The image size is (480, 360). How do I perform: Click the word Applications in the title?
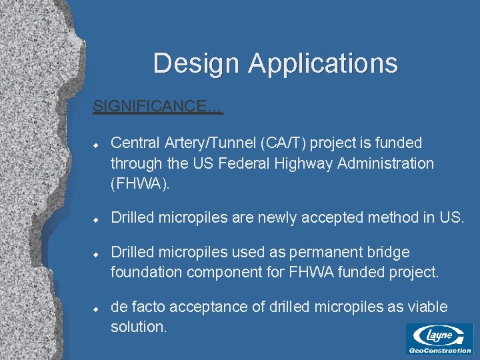(323, 63)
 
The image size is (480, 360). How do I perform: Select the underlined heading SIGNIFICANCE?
(158, 106)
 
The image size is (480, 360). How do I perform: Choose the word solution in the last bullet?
(139, 327)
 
